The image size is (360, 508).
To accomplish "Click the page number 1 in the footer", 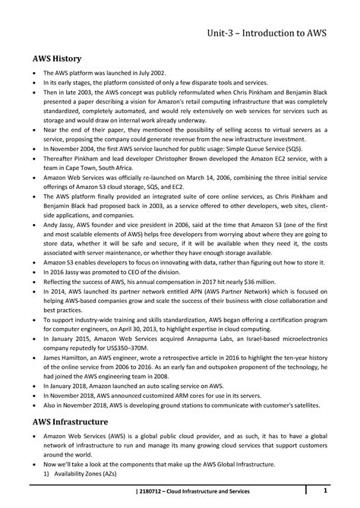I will point(326,488).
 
